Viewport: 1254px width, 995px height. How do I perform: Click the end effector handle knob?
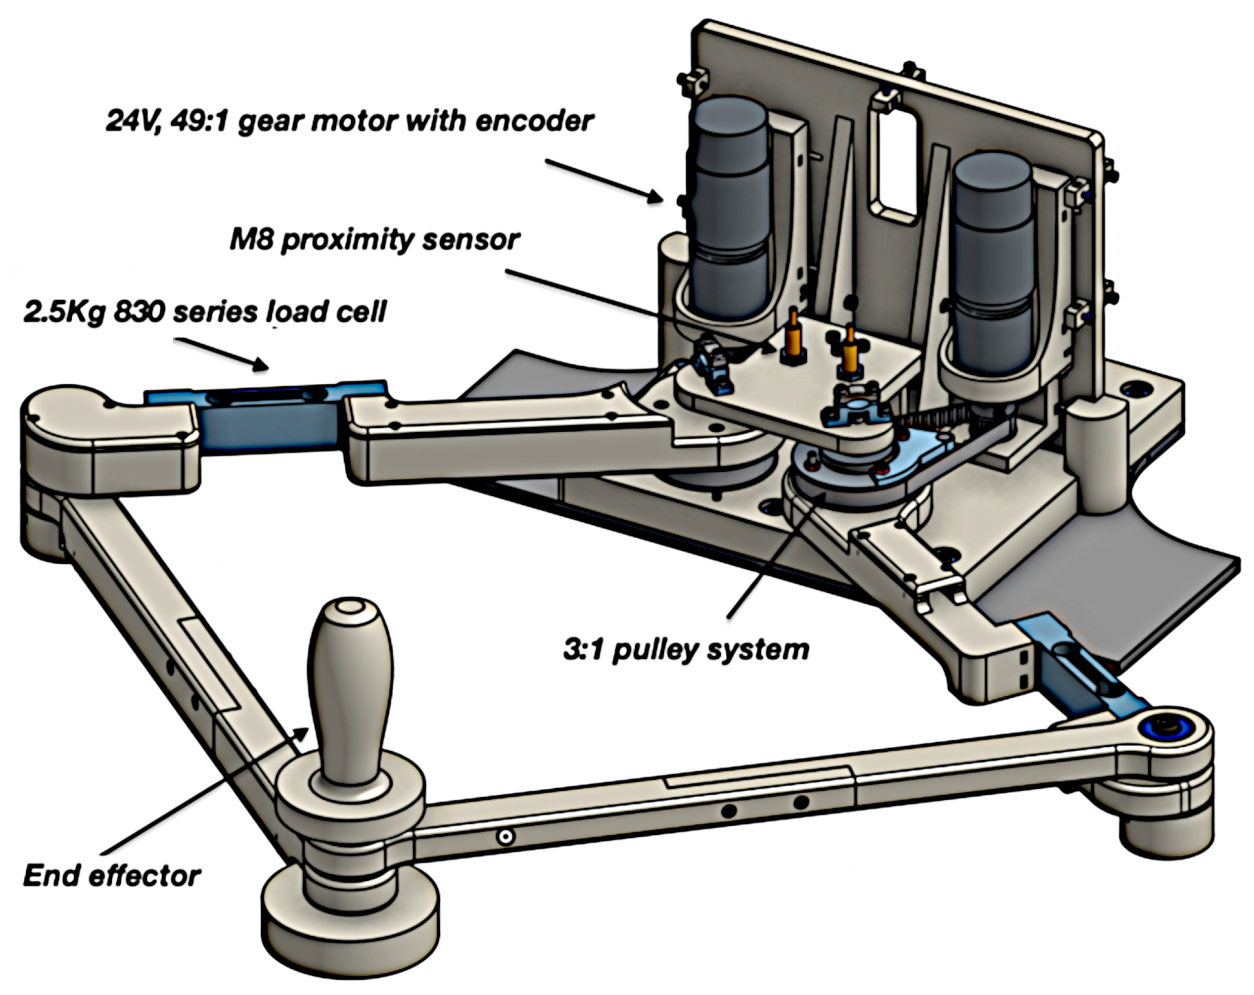pyautogui.click(x=350, y=687)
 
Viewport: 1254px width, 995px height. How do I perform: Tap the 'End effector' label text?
pyautogui.click(x=112, y=876)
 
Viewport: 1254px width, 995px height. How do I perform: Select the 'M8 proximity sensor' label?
pyautogui.click(x=374, y=239)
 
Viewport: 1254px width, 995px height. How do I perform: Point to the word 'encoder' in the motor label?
pyautogui.click(x=535, y=121)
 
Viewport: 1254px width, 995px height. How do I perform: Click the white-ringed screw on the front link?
pyautogui.click(x=505, y=837)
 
